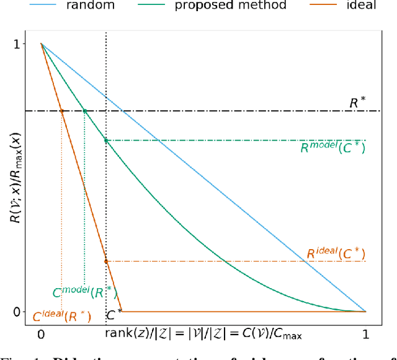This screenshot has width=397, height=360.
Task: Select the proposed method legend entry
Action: pos(239,6)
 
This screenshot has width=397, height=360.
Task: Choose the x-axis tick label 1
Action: pos(365,334)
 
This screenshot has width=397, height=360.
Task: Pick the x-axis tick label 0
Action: pos(41,334)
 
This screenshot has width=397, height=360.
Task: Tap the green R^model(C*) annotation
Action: pos(332,149)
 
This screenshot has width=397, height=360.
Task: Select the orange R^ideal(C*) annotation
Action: pos(336,253)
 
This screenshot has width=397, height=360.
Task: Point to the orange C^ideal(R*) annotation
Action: pos(62,317)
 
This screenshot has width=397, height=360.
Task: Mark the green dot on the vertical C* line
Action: pos(106,141)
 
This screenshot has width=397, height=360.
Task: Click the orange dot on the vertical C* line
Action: pos(106,261)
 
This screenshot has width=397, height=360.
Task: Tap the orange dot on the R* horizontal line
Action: pos(61,111)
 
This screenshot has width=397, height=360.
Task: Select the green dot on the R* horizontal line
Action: pos(84,111)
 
